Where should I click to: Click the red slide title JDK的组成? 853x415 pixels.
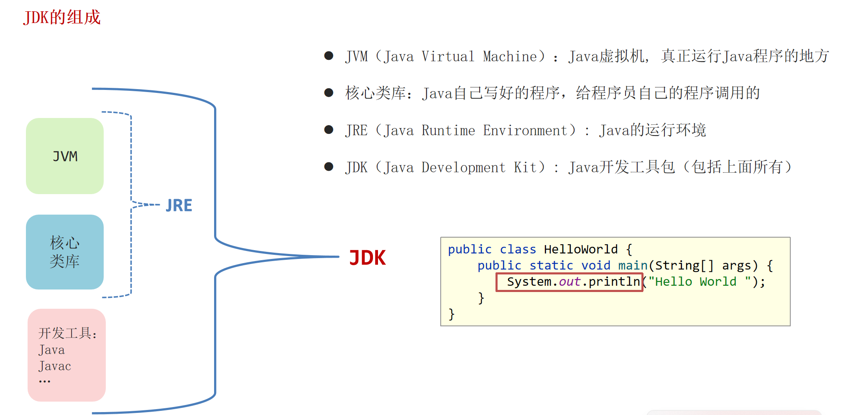pos(62,18)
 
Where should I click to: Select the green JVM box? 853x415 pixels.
pos(65,156)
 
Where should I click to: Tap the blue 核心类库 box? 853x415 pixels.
pos(65,252)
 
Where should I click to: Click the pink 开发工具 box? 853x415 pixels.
pos(66,355)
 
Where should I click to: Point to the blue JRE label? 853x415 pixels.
pos(179,205)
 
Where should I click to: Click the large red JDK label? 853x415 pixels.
pos(368,258)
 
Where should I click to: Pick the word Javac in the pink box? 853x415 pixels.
pos(55,366)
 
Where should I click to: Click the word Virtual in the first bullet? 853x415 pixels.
pos(448,56)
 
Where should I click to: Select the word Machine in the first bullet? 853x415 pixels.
pos(510,56)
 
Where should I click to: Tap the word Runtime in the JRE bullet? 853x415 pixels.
pos(448,131)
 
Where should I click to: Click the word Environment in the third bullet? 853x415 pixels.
pos(526,131)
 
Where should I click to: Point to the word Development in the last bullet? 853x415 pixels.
pos(463,167)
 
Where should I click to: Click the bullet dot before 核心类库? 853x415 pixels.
pos(329,92)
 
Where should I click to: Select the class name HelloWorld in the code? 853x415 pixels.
pos(581,249)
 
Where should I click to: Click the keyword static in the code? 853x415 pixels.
pos(551,266)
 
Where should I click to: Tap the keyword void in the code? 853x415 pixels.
pos(596,266)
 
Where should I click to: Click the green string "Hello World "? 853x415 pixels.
pos(700,282)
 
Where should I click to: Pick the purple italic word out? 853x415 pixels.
pos(570,282)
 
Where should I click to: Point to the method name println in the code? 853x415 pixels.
pos(614,282)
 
